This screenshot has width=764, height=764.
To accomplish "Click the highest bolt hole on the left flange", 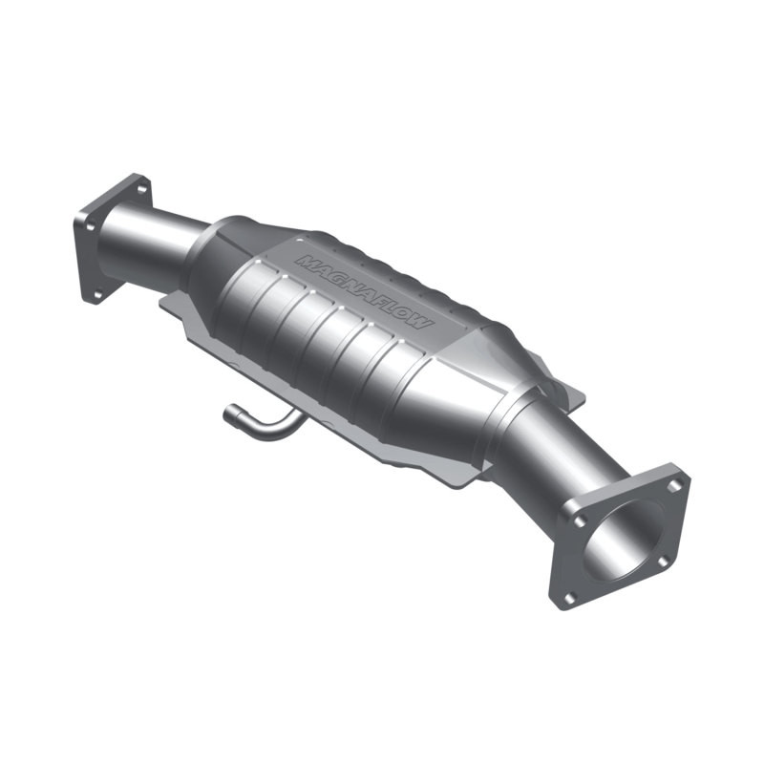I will [141, 188].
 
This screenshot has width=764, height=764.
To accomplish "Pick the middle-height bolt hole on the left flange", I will [89, 225].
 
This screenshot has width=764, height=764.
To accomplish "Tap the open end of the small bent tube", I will [229, 414].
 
